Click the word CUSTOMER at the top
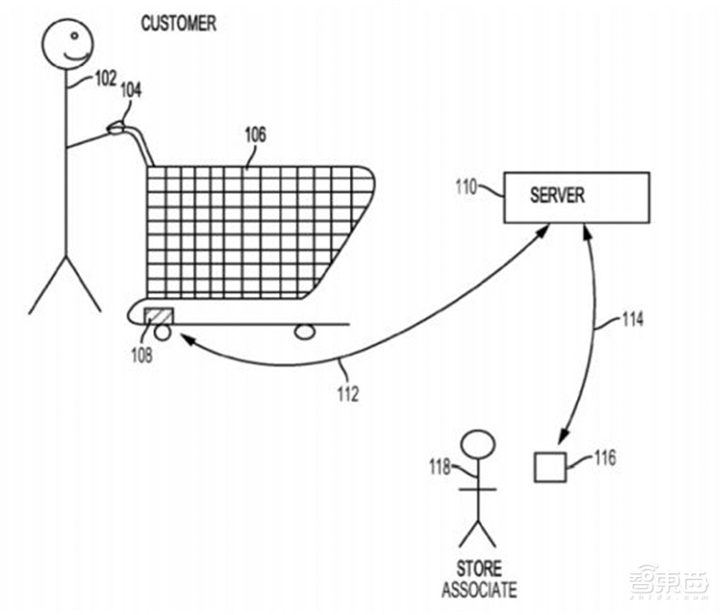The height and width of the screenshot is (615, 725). click(179, 24)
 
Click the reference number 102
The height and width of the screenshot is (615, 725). click(105, 79)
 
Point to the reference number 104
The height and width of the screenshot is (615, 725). click(130, 90)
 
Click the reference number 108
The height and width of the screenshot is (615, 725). click(140, 354)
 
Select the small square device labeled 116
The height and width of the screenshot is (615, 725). click(547, 466)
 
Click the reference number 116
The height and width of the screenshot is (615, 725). click(604, 458)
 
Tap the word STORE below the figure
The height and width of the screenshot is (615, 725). click(478, 569)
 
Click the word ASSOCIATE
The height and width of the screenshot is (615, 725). click(478, 590)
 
